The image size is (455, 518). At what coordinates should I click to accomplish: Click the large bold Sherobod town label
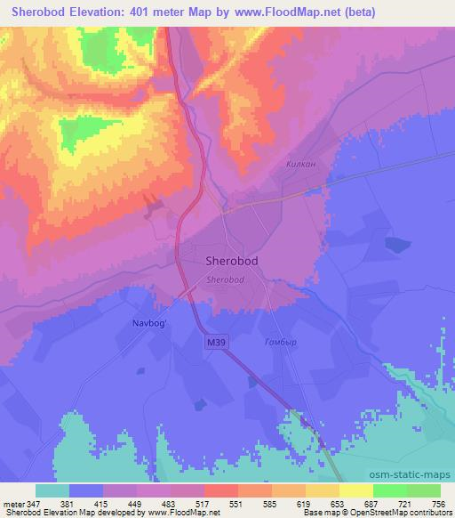tap(233, 262)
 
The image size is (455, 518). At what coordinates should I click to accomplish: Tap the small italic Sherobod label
tap(226, 279)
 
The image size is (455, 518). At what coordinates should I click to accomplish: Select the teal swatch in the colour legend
tap(52, 490)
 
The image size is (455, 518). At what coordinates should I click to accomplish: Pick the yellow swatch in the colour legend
tap(356, 490)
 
